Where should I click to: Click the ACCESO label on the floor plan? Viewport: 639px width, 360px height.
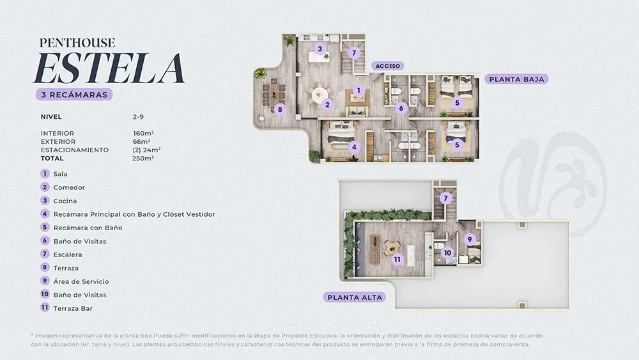(x=388, y=66)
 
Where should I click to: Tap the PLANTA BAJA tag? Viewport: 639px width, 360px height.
(x=516, y=79)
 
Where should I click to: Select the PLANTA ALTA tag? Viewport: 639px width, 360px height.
(x=355, y=297)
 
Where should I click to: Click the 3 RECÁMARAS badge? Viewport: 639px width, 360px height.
(x=74, y=95)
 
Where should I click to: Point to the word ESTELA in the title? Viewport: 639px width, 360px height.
(x=109, y=68)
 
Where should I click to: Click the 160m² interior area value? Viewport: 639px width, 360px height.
(x=143, y=133)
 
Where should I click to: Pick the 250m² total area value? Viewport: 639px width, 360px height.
(x=143, y=158)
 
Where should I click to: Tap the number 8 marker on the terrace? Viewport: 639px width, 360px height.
(x=280, y=109)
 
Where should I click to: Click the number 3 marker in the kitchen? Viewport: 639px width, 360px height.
(x=320, y=49)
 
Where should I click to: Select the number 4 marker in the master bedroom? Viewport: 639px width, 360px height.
(x=354, y=147)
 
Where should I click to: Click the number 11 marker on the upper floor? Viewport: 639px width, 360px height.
(x=397, y=259)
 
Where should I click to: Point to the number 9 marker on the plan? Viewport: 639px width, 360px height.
(x=470, y=239)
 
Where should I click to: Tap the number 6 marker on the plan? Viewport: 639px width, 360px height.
(x=401, y=108)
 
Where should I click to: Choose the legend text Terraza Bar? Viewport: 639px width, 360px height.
(x=73, y=309)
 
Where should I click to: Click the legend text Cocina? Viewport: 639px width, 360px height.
(x=65, y=201)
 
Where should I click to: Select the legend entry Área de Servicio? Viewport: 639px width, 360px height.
(x=81, y=281)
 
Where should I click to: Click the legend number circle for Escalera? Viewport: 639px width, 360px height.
(x=45, y=254)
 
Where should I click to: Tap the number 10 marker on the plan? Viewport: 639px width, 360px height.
(x=447, y=253)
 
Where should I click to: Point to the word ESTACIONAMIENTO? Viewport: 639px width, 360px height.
(x=75, y=150)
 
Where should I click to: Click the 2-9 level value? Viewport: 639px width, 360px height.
(x=138, y=116)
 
